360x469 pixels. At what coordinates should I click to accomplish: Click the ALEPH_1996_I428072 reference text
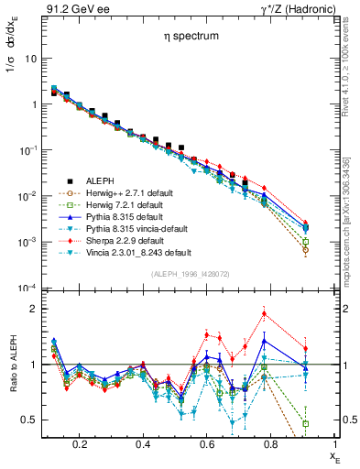pos(191,274)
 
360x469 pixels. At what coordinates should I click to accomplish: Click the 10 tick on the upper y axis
pos(28,58)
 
